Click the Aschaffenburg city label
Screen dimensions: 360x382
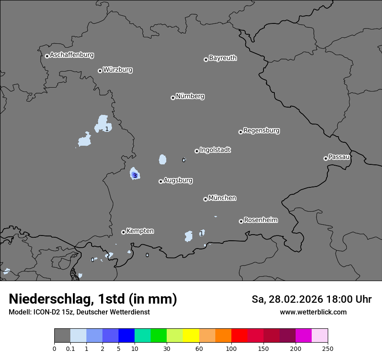coord(72,55)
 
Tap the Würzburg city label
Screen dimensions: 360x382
coord(118,70)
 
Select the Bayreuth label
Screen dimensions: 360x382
coord(223,58)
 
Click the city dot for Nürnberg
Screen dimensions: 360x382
coord(173,98)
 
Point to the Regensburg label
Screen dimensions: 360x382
coord(261,131)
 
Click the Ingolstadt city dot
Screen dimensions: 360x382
coord(197,151)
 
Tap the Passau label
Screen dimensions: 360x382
coord(339,157)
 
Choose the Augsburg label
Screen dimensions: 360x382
coord(178,180)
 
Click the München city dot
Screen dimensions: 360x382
coord(205,199)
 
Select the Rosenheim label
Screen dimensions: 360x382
coord(260,220)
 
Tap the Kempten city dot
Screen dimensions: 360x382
coord(123,232)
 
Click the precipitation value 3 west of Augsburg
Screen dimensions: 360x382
coord(135,176)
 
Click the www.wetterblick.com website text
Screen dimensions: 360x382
coord(313,312)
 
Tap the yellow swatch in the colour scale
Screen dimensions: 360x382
coord(191,336)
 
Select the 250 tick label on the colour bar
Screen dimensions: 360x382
coord(328,349)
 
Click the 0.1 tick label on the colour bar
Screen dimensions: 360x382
coord(70,349)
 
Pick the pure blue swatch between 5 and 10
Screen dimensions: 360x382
coord(126,336)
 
